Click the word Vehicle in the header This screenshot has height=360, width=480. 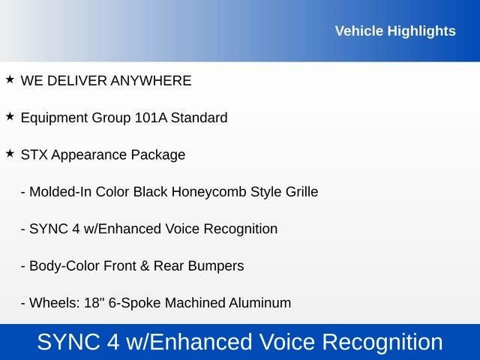pos(358,31)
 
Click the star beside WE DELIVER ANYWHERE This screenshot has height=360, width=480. pos(10,79)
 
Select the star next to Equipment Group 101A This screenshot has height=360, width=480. pos(10,116)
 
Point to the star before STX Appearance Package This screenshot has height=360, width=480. pos(10,154)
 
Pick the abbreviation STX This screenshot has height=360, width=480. pos(34,155)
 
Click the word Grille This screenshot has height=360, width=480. pos(300,192)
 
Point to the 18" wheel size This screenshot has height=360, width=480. pos(94,303)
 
